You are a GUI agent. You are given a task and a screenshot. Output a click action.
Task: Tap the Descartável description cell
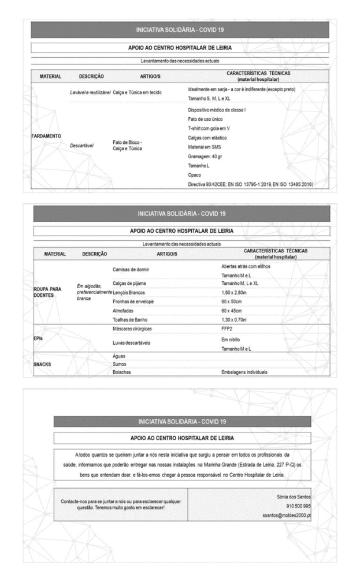80,146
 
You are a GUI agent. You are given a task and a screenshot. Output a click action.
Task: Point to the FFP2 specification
227,330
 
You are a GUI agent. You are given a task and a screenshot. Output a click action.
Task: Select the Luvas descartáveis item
132,342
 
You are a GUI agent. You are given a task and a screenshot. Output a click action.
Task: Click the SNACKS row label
43,364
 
